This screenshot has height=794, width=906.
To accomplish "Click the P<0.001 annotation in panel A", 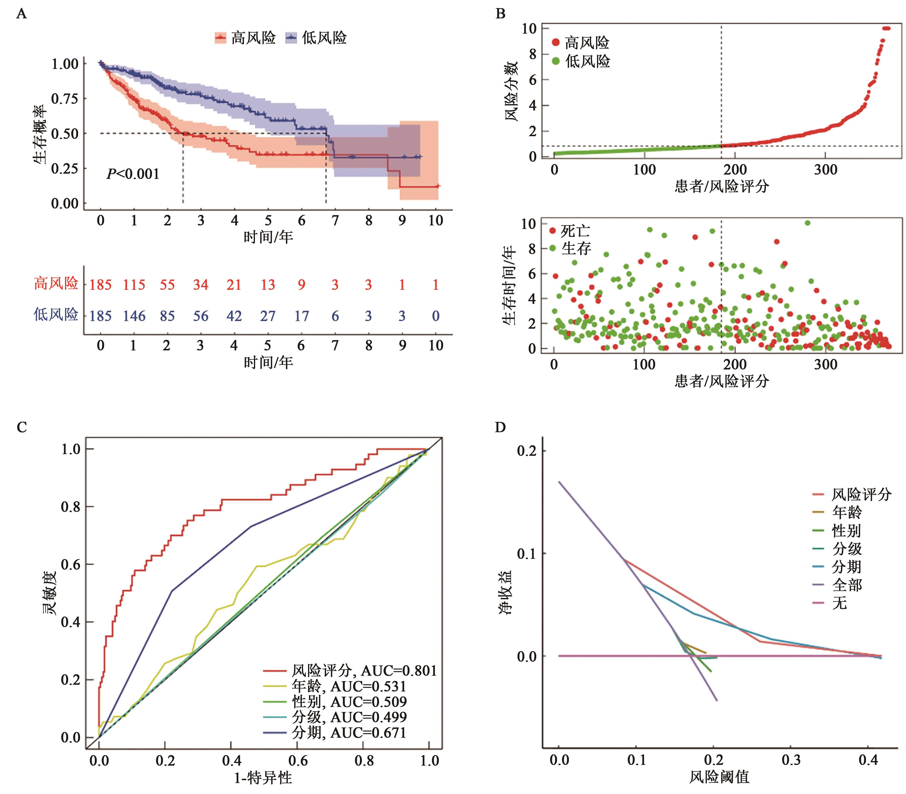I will (133, 174).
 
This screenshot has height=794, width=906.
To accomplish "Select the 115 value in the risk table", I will (134, 285).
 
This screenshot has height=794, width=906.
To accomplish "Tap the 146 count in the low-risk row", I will (134, 316).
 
